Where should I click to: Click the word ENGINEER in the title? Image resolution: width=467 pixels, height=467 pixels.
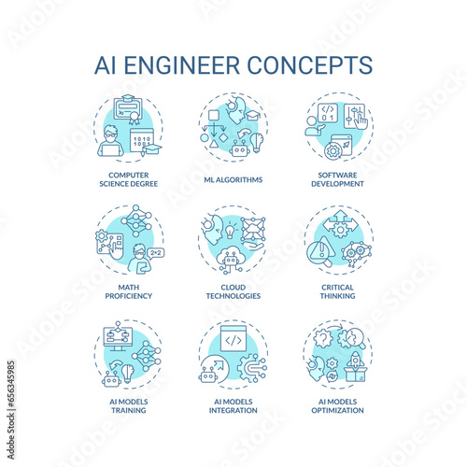182,65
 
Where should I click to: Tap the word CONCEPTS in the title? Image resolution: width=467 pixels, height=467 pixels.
310,65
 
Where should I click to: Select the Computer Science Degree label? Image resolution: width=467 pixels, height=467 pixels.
129,179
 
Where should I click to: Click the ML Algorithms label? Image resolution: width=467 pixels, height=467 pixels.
233,179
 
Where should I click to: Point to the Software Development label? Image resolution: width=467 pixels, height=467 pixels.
337,179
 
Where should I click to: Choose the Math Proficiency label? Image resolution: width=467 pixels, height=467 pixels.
129,291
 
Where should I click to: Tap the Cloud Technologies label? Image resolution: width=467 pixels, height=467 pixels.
233,291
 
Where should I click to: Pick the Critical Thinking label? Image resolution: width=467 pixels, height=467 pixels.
337,291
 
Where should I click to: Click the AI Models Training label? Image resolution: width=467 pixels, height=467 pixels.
129,406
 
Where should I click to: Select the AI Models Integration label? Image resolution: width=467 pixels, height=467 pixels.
233,406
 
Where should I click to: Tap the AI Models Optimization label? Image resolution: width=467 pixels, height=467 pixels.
337,406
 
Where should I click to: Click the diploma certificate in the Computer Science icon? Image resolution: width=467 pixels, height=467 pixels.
128,108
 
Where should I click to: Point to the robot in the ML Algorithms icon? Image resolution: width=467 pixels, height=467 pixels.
240,149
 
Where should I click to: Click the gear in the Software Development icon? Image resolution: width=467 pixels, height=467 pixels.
333,151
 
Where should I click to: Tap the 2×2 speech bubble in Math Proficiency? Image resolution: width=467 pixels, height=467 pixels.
156,253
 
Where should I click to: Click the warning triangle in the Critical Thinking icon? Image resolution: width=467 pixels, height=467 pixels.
321,249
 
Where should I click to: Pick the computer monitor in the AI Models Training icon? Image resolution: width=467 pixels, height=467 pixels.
118,338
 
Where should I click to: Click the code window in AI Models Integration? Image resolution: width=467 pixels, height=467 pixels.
233,338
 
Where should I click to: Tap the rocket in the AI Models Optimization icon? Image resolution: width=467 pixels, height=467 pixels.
354,361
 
